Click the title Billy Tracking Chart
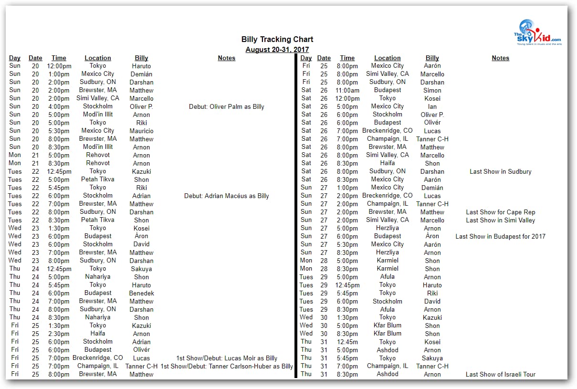pos(277,40)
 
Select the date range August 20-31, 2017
pos(277,50)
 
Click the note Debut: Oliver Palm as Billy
pos(227,107)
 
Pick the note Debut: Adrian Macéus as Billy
pos(227,196)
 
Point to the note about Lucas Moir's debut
pos(227,358)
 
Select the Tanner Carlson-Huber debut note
pos(227,367)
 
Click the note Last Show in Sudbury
pos(500,172)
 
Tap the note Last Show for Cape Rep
pos(500,212)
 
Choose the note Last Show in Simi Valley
pos(500,221)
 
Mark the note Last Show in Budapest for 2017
pos(500,237)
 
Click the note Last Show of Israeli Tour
pos(500,375)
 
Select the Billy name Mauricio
pos(141,131)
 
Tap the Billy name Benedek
pos(141,294)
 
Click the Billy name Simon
pos(432,91)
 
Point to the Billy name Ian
pos(432,107)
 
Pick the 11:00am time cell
pos(347,91)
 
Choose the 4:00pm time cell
pos(59,107)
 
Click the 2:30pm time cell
pos(59,334)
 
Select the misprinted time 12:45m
pos(347,342)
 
